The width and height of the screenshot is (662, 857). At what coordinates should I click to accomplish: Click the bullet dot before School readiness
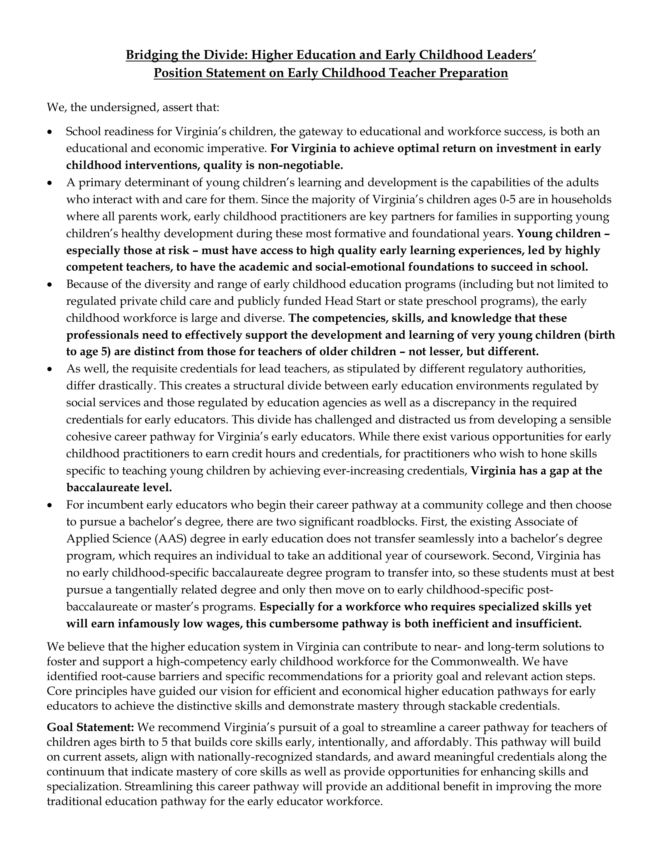(49, 132)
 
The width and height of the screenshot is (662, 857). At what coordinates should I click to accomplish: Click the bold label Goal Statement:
(90, 728)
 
